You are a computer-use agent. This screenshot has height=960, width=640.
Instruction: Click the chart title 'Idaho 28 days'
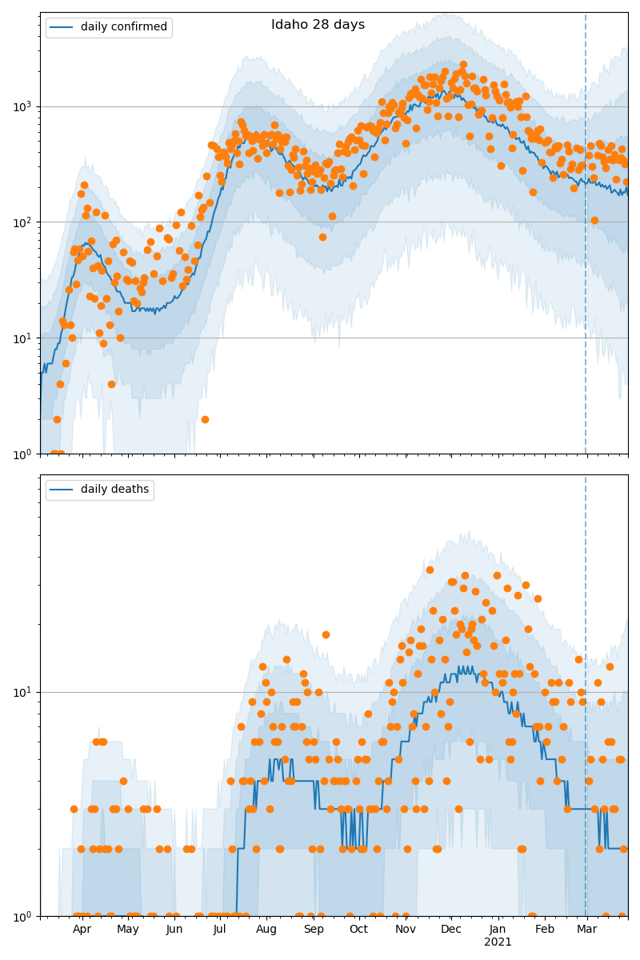point(318,25)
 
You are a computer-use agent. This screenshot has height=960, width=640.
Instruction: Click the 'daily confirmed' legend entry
point(123,27)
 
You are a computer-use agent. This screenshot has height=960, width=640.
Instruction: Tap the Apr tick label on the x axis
point(82,930)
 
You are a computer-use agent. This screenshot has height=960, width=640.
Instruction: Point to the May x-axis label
point(128,930)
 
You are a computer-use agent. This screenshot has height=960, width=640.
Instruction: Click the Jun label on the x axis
point(174,930)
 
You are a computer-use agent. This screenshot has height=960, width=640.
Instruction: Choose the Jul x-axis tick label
point(219,930)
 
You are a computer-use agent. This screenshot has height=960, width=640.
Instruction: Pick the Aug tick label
point(266,930)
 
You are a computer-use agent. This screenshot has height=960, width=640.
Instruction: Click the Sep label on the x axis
point(314,930)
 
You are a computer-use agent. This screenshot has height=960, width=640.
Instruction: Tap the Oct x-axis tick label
point(358,930)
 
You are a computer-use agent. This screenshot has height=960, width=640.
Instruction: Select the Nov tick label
point(406,930)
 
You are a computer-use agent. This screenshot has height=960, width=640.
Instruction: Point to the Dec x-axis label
point(451,930)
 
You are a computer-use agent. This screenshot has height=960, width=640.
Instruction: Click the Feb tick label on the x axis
point(545,930)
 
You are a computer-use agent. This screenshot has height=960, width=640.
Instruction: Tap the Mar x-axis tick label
point(587,930)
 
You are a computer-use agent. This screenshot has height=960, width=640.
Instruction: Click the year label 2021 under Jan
point(498,942)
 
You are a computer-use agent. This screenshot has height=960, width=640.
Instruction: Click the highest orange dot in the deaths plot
point(430,570)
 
